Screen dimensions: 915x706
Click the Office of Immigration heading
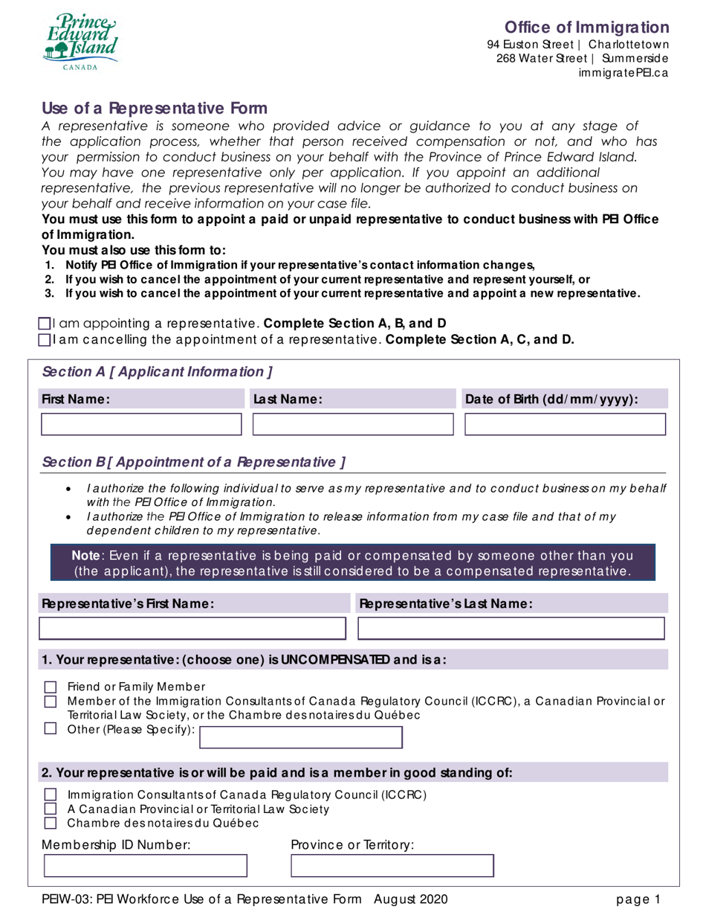click(x=587, y=28)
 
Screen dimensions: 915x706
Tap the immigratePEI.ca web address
click(x=624, y=73)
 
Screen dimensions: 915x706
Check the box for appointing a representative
click(x=44, y=324)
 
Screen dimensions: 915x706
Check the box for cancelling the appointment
click(x=44, y=339)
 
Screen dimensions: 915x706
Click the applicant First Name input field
click(x=141, y=425)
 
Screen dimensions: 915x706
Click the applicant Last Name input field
click(x=353, y=425)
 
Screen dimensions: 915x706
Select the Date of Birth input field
click(x=565, y=425)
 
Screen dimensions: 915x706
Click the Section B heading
click(x=193, y=462)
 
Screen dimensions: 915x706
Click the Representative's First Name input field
click(x=192, y=629)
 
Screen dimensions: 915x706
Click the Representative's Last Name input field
click(x=511, y=629)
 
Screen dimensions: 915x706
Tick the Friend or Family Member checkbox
click(x=51, y=687)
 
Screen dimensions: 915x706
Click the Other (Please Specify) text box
click(x=302, y=737)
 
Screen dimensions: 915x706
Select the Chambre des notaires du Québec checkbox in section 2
click(x=51, y=823)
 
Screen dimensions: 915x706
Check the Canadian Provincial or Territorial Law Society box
click(x=51, y=809)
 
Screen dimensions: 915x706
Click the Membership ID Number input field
click(x=146, y=867)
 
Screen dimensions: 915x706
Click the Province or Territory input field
click(x=392, y=867)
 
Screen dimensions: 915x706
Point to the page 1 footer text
click(x=637, y=899)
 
